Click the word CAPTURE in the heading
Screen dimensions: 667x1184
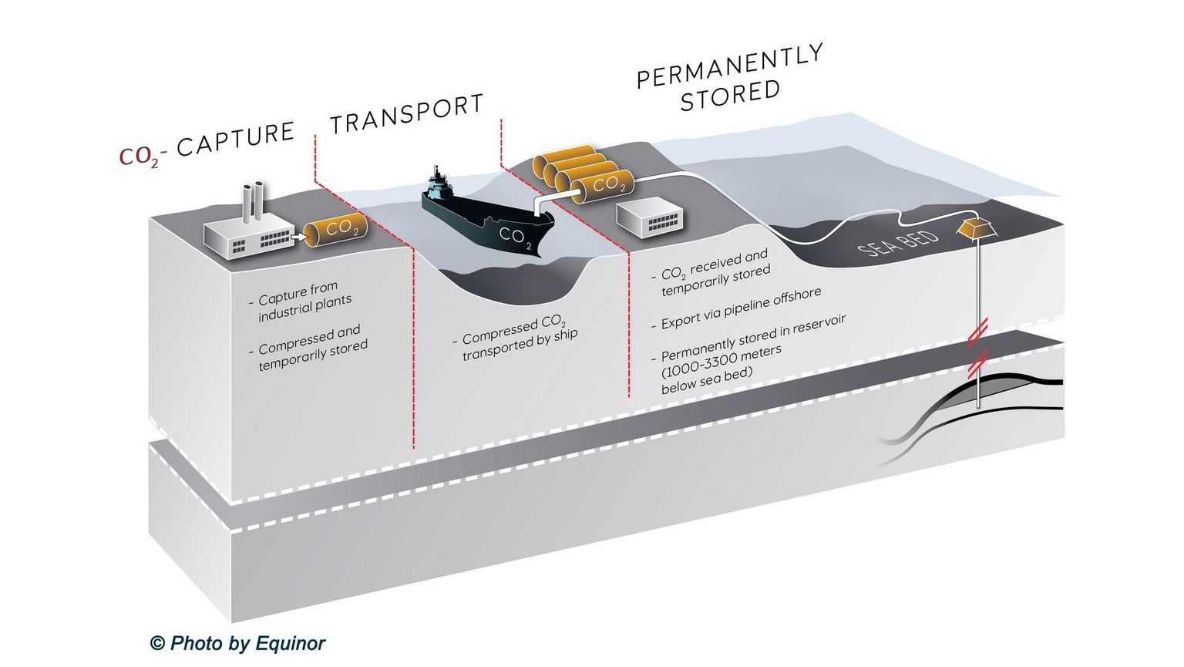[235, 139]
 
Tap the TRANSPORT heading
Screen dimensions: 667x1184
[406, 114]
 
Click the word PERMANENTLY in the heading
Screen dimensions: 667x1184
[729, 67]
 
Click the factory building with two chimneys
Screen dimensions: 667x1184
[247, 235]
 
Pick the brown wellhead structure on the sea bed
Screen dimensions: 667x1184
[975, 228]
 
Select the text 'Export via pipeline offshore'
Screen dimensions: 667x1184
[740, 309]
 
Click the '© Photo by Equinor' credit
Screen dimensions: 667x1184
[237, 643]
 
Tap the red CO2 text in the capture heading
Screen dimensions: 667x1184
[139, 157]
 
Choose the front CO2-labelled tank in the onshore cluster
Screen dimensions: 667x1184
[603, 185]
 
